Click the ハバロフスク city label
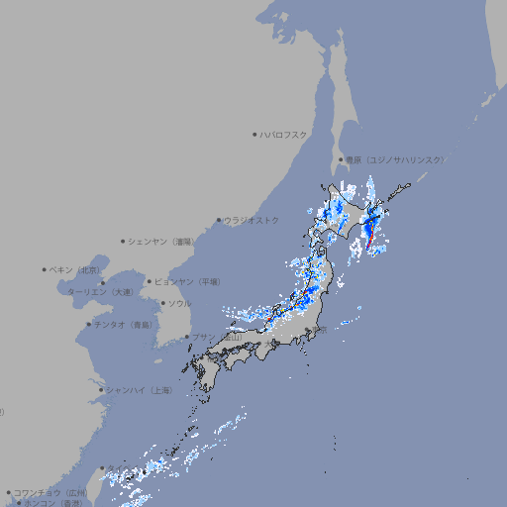point(285,134)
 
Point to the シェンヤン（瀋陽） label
point(161,241)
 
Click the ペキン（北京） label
point(75,269)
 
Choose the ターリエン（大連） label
point(100,292)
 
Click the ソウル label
point(179,303)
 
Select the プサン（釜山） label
point(217,338)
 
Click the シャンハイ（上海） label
point(139,390)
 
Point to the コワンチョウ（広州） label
point(51,492)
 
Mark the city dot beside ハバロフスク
point(254,134)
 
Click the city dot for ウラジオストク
point(219,220)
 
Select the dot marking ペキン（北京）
point(44,269)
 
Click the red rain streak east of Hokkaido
point(370,236)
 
